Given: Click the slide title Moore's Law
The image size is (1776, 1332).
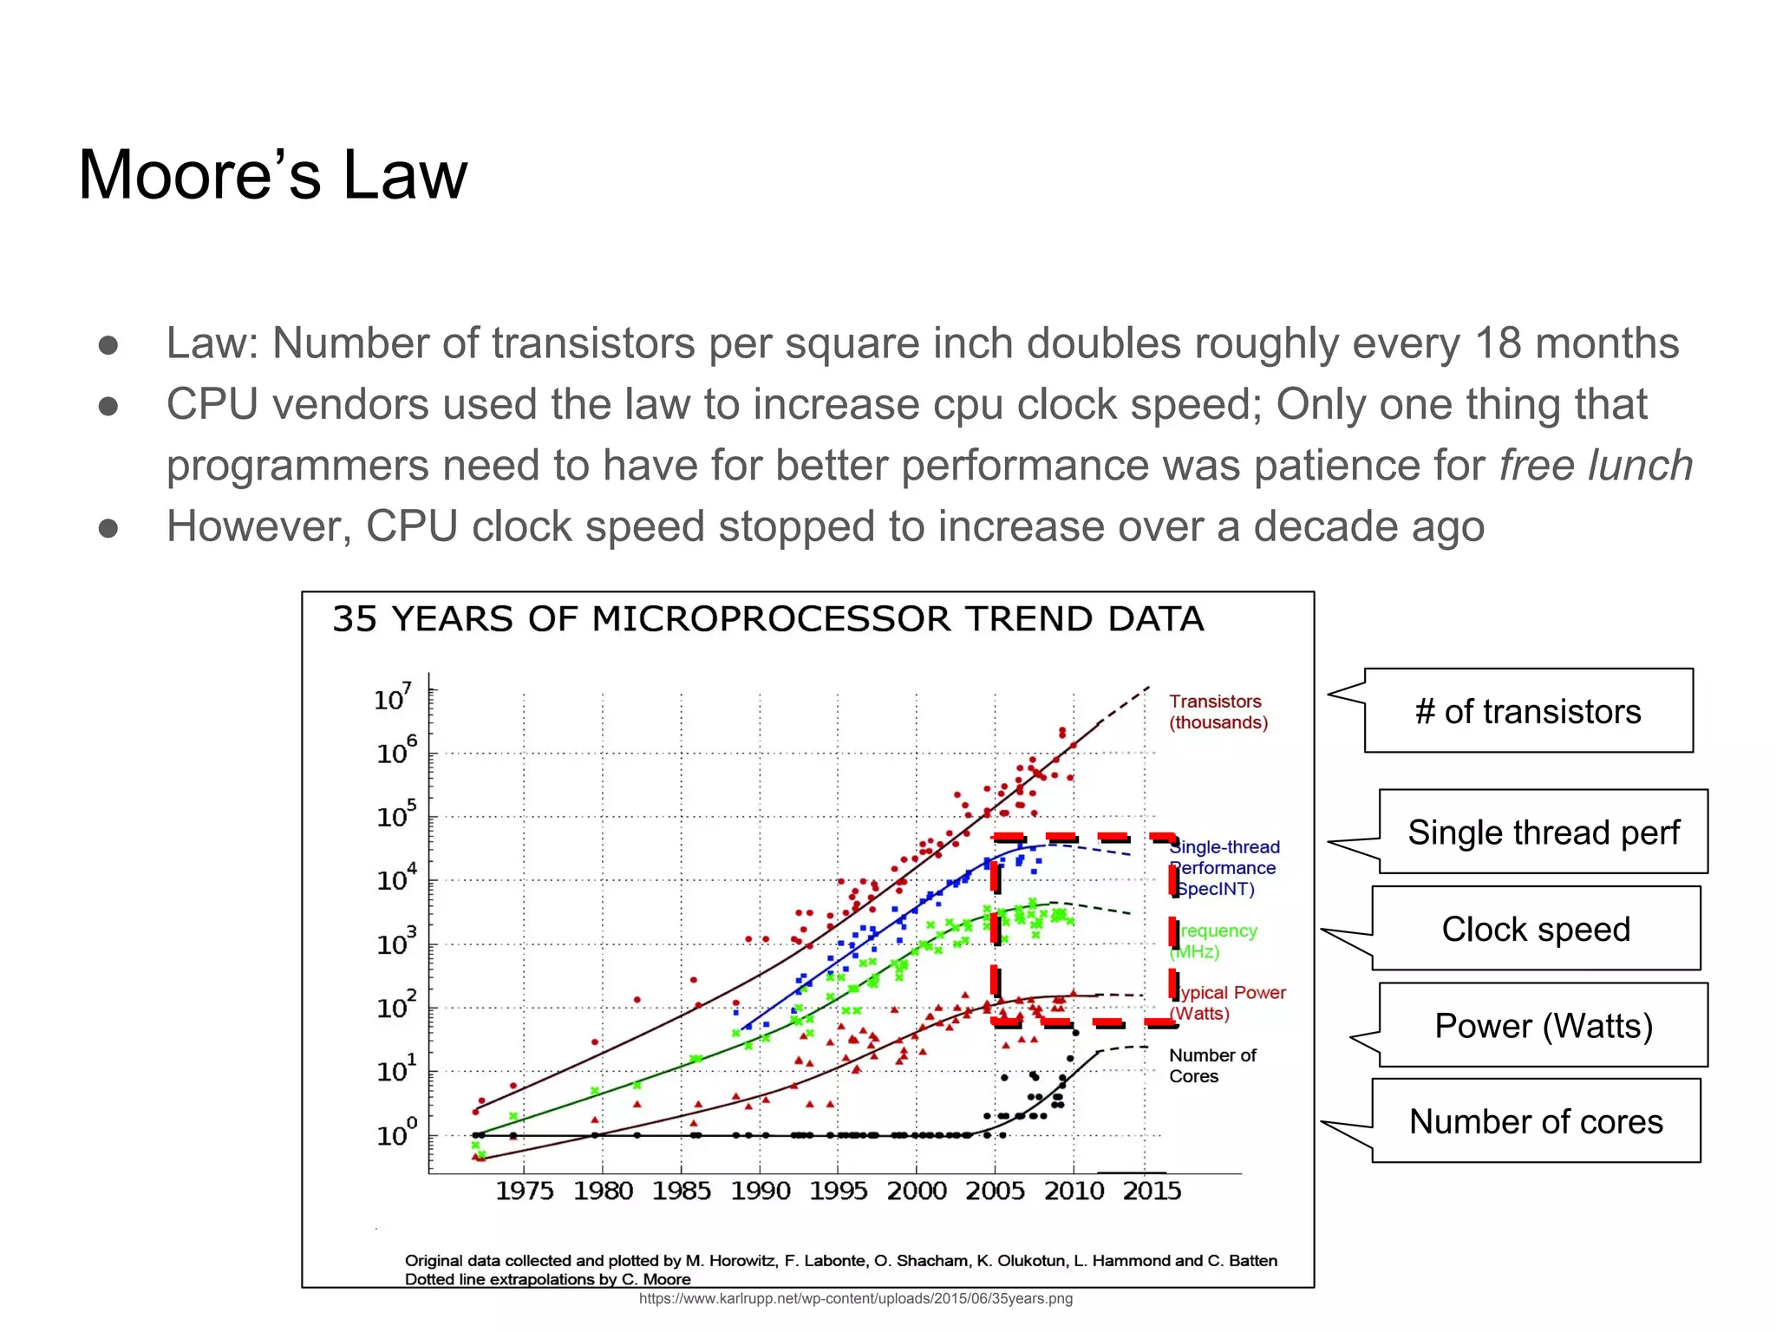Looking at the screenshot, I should [272, 175].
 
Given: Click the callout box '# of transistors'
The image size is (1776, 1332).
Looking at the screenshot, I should [1528, 711].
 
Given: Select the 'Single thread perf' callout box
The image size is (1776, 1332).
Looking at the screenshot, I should [1543, 832].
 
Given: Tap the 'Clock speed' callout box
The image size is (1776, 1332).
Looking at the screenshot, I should [1536, 929].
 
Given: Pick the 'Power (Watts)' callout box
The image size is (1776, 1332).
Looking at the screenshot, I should [1543, 1026].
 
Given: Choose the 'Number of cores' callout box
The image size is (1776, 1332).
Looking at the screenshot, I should [1536, 1121].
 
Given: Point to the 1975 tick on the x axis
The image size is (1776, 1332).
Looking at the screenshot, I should [524, 1191].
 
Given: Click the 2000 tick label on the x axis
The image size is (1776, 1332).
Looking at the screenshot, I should [917, 1191].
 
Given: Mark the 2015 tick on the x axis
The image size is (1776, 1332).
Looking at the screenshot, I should [1152, 1191].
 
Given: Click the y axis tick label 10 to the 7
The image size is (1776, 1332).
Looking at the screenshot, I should [392, 697].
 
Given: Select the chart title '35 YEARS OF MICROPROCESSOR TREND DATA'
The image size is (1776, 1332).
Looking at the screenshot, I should [767, 619].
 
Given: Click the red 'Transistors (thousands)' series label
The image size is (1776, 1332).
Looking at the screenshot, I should [1218, 712].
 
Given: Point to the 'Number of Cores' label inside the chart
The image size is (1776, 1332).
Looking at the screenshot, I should [1211, 1066].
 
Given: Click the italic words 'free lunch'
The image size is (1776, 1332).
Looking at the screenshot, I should [1596, 466].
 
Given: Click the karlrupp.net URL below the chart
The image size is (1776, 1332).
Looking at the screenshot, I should [855, 1298].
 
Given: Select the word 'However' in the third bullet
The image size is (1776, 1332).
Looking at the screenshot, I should [258, 526].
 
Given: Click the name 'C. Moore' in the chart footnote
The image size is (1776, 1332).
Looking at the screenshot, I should [656, 1279].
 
